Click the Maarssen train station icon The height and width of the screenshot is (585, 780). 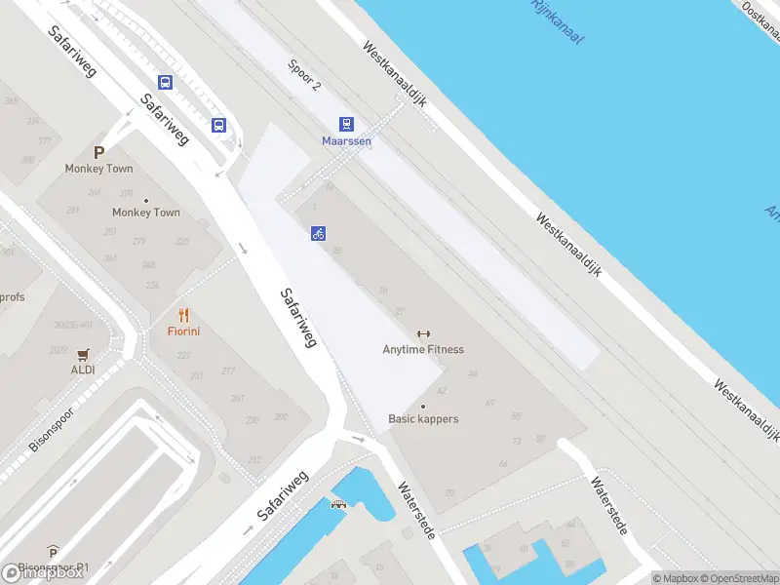pos(346,124)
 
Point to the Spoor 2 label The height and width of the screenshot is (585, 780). pos(304,73)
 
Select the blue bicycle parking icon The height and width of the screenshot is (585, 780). pos(318,233)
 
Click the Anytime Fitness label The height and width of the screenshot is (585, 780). pos(423,349)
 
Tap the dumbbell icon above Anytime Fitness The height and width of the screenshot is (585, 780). pos(423,333)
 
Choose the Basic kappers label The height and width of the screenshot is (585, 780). pos(423,419)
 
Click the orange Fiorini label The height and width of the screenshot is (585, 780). pos(183,331)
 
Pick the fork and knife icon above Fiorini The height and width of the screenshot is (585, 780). pos(183,315)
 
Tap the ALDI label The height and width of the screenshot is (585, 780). pos(83,370)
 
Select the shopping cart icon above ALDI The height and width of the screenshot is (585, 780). pos(83,354)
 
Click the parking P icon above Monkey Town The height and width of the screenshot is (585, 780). pos(97,152)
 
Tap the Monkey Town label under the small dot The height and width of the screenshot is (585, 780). pos(146,212)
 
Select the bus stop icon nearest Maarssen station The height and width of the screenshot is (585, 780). pos(219,124)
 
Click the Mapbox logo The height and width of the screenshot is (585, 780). pos(43,573)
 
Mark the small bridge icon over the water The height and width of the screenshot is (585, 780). pos(338,504)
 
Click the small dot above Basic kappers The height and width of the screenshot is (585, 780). pos(423,406)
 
